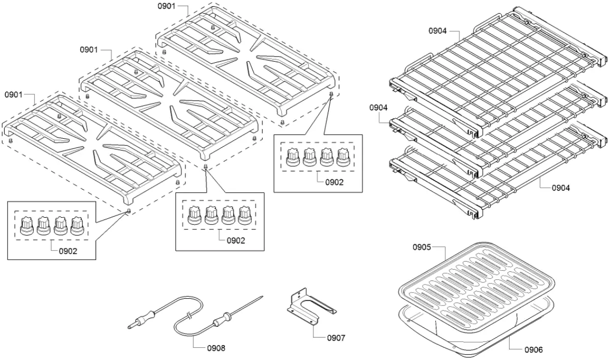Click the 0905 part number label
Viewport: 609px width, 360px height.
pyautogui.click(x=422, y=247)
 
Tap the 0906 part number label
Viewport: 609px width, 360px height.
pyautogui.click(x=533, y=349)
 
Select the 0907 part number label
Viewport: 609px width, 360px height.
pyautogui.click(x=336, y=338)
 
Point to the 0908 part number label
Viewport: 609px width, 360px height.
pyautogui.click(x=216, y=348)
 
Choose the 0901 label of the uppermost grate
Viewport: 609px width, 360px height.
pyautogui.click(x=166, y=6)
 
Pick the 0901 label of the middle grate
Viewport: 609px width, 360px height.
pyautogui.click(x=89, y=49)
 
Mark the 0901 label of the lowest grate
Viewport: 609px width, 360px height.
pyautogui.click(x=14, y=95)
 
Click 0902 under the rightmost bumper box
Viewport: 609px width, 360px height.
pyautogui.click(x=334, y=182)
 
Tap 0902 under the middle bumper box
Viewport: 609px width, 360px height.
pyautogui.click(x=235, y=240)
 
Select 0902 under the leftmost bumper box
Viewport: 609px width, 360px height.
pyautogui.click(x=68, y=250)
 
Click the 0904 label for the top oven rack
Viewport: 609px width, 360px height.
pyautogui.click(x=437, y=31)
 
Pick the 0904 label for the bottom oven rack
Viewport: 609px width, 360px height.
pyautogui.click(x=561, y=188)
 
